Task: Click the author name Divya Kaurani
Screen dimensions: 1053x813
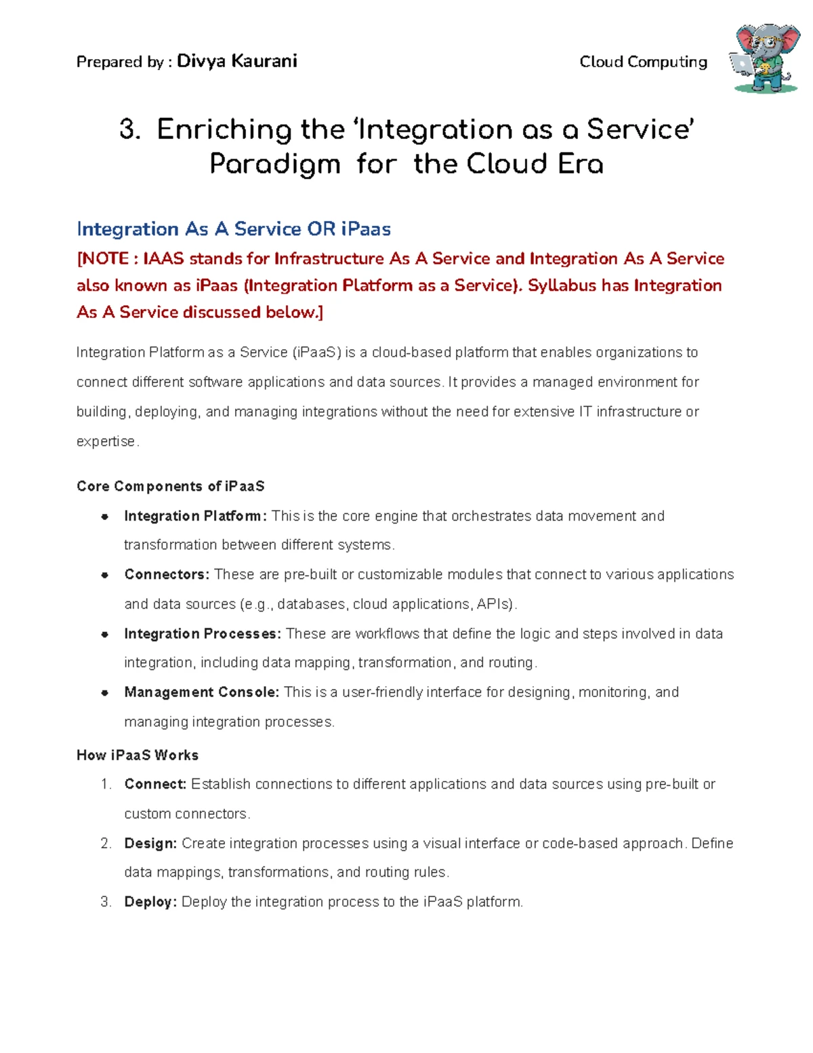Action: click(236, 62)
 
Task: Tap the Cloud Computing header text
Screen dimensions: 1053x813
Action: click(643, 62)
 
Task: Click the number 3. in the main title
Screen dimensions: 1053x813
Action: click(129, 130)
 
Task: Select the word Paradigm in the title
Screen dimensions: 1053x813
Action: click(274, 164)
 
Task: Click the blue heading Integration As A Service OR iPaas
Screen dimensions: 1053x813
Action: click(234, 229)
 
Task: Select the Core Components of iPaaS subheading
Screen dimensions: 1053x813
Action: click(170, 486)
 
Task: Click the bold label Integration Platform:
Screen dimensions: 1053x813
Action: click(196, 516)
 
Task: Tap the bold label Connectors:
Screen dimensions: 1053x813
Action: click(167, 574)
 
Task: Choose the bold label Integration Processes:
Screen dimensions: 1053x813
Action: click(202, 633)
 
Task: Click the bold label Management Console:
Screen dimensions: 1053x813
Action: click(201, 692)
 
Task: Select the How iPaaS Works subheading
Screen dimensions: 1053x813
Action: click(138, 755)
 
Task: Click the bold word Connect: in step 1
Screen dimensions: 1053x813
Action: click(155, 784)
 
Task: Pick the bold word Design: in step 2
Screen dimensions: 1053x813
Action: click(150, 843)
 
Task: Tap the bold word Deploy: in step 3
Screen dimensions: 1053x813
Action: click(150, 902)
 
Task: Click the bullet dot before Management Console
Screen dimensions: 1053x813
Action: click(105, 693)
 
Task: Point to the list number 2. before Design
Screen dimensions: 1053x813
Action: click(106, 843)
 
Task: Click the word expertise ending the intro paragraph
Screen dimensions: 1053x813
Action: click(106, 441)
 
